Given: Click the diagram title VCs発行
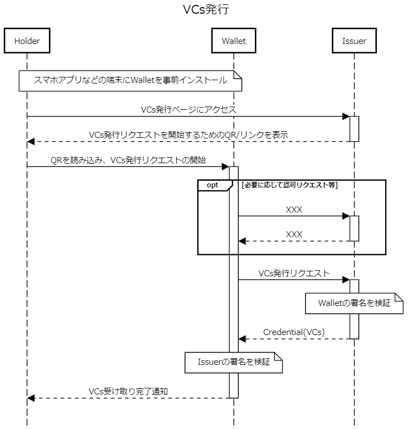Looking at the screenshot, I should coord(206,10).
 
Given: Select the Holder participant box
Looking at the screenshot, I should coord(26,41).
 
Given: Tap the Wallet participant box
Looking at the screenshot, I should coord(233,41).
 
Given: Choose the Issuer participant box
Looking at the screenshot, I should coord(354,41).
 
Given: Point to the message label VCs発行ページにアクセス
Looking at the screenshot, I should coord(188,109).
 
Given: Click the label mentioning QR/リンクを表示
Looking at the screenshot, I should coord(188,135).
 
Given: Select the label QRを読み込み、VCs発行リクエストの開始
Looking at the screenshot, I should coord(128,160).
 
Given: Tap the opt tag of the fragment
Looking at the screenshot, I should coord(212,185).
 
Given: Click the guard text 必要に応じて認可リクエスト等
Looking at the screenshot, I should coord(289,185).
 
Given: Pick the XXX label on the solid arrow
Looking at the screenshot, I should coord(294,209).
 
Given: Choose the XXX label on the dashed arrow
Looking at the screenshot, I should coord(294,234).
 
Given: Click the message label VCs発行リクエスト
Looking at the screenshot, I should coord(294,273).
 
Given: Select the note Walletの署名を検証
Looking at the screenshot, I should coord(354,303).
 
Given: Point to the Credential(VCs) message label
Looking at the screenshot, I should coord(294,332).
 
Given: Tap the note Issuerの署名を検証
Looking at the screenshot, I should coord(234,363).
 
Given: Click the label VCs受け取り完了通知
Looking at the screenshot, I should coord(127,391).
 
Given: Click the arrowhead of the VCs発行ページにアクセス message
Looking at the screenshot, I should coord(346,116).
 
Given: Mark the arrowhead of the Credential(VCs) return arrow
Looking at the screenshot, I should coord(242,339).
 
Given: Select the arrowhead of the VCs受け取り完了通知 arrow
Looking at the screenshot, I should coord(31,398).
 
